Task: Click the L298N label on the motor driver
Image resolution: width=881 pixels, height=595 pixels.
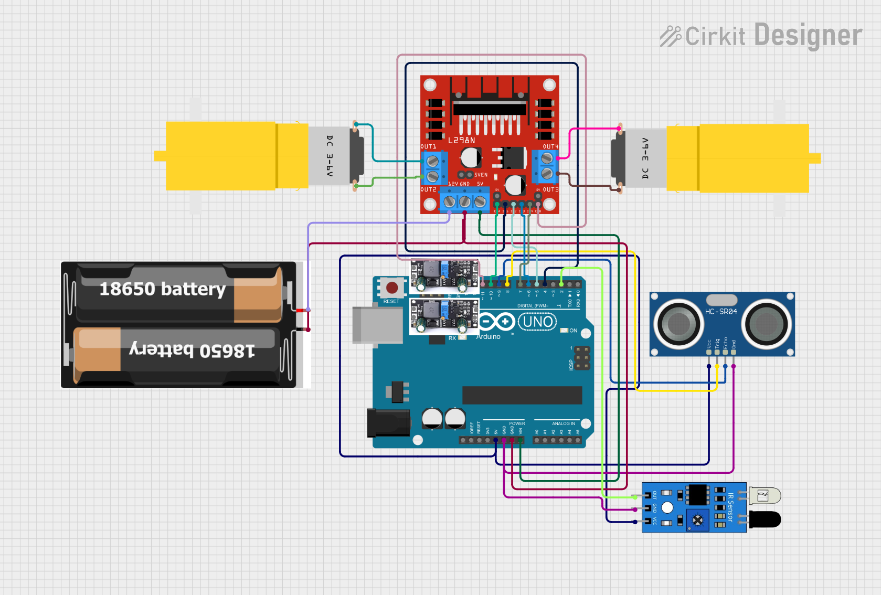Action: (x=461, y=141)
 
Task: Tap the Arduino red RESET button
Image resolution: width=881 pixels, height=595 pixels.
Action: (x=391, y=288)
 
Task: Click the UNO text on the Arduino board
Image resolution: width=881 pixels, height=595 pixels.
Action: (x=538, y=322)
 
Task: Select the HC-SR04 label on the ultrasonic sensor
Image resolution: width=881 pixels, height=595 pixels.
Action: (x=720, y=312)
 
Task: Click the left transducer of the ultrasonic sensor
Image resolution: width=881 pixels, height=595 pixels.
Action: (x=678, y=324)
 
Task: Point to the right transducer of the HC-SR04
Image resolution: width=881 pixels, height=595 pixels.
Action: (x=767, y=324)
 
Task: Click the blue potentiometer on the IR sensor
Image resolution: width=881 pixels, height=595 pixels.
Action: (x=697, y=520)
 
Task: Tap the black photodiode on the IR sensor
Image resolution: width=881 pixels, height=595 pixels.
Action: (x=765, y=519)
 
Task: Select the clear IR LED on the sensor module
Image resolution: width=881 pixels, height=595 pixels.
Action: (x=765, y=495)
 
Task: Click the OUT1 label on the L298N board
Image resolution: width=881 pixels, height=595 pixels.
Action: (x=428, y=147)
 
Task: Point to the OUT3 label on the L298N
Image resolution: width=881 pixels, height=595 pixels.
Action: (x=550, y=189)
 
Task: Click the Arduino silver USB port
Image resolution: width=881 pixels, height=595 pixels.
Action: (x=377, y=325)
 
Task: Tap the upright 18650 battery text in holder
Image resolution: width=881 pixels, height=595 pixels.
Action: (x=162, y=289)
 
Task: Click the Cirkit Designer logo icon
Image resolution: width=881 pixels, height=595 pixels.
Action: (x=670, y=36)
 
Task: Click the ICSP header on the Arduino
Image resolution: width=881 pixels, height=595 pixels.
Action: (x=582, y=358)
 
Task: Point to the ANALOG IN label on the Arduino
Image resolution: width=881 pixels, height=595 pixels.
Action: (x=563, y=423)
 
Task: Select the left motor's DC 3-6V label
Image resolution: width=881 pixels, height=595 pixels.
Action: (x=330, y=156)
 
